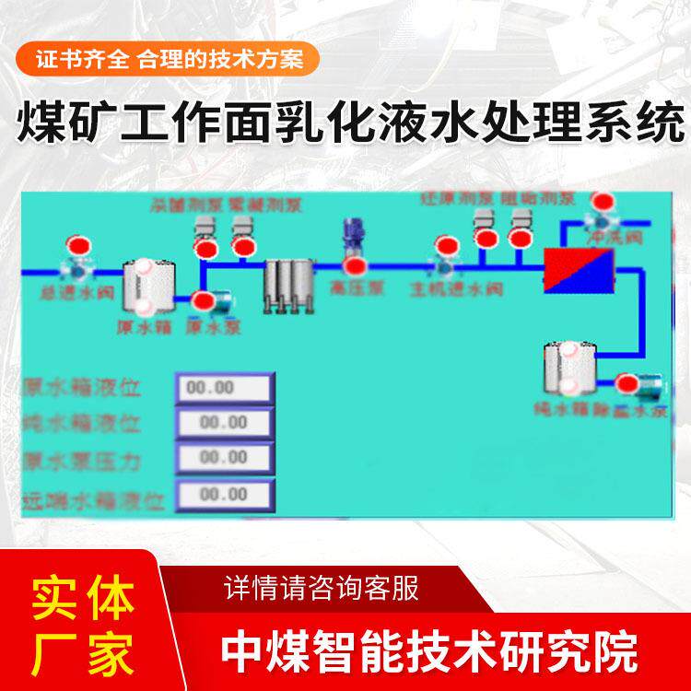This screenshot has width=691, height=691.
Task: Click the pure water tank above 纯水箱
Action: pyautogui.click(x=565, y=368)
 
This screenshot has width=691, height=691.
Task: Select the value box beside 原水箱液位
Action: pyautogui.click(x=225, y=388)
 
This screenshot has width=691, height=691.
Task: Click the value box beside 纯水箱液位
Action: pyautogui.click(x=225, y=423)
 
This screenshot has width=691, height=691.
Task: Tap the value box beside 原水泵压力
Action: pyautogui.click(x=225, y=458)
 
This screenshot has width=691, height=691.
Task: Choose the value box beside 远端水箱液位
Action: pyautogui.click(x=225, y=495)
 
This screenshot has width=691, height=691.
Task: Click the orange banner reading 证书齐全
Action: pyautogui.click(x=168, y=58)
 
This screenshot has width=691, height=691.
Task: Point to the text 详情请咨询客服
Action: pyautogui.click(x=322, y=587)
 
